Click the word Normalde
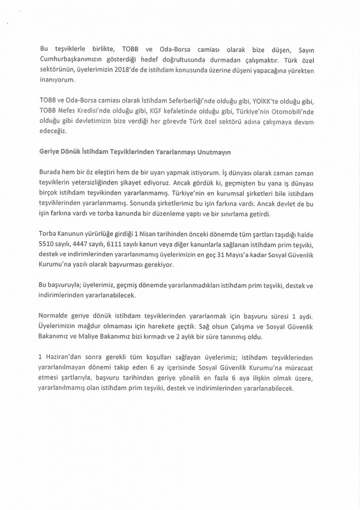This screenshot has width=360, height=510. pyautogui.click(x=54, y=317)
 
